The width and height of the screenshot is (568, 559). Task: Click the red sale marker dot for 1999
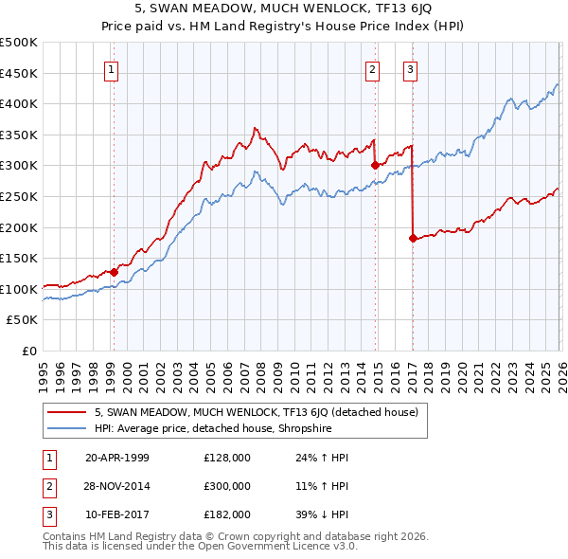click(x=114, y=272)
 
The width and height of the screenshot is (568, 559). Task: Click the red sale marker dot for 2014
click(x=375, y=165)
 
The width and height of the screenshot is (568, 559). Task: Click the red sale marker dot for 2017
click(x=413, y=238)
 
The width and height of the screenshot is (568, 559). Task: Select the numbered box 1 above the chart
click(x=112, y=68)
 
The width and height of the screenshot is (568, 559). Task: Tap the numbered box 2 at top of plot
click(x=373, y=68)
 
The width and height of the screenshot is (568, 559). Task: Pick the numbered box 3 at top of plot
click(x=411, y=68)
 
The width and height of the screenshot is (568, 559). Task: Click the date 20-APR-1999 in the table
click(x=117, y=458)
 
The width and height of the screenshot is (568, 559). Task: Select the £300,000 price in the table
click(x=227, y=486)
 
